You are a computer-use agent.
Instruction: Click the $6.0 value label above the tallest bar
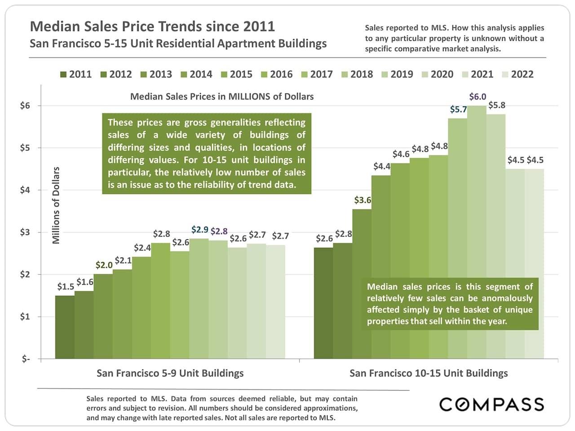click(x=477, y=97)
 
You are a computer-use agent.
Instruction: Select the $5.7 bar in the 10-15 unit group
click(x=457, y=238)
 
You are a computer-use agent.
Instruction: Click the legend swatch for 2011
click(x=63, y=75)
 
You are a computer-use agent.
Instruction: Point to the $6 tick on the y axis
click(x=25, y=106)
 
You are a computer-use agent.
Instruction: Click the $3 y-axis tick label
click(x=25, y=233)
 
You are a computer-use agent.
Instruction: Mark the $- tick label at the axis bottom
click(x=26, y=359)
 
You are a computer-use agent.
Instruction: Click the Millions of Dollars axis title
click(x=56, y=206)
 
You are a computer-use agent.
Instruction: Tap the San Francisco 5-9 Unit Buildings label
click(x=170, y=373)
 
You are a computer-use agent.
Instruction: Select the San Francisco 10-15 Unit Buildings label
click(x=429, y=373)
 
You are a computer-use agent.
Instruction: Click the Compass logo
click(x=491, y=405)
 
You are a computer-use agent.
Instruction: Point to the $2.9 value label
click(x=199, y=230)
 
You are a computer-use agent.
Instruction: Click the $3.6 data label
click(x=363, y=200)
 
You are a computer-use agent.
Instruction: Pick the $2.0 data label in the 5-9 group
click(x=104, y=265)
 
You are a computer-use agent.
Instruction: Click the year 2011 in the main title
click(x=259, y=26)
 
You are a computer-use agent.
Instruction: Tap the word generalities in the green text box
click(x=237, y=123)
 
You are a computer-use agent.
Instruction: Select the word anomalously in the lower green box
click(x=507, y=298)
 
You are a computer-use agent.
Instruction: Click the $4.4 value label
click(x=382, y=167)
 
